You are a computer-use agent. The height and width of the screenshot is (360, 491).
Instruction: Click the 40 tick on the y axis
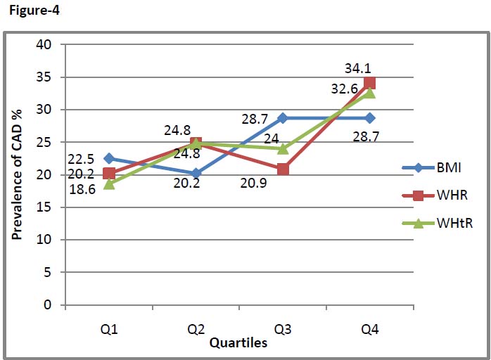click(x=44, y=45)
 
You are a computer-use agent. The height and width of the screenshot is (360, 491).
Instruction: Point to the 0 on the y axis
click(x=48, y=305)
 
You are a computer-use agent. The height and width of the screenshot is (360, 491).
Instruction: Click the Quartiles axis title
click(x=238, y=343)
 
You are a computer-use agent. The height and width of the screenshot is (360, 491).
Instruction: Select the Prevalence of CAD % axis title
click(x=17, y=173)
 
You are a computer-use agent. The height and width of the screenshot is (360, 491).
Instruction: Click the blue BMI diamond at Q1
click(x=108, y=159)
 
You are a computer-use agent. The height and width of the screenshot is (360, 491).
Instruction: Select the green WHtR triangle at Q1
click(x=108, y=184)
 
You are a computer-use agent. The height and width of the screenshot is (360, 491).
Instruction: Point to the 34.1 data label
click(x=357, y=69)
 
